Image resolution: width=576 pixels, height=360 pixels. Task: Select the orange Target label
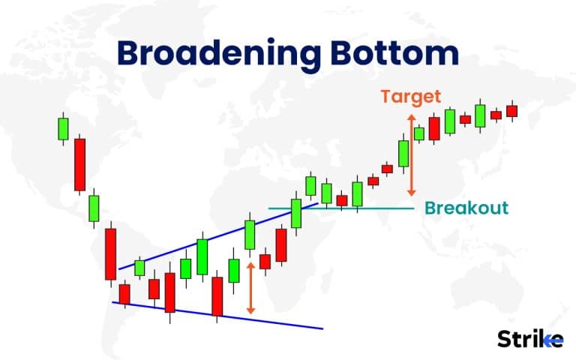point(410,97)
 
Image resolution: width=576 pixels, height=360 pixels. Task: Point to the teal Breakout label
point(466,208)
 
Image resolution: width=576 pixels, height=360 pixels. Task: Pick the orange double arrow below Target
point(410,154)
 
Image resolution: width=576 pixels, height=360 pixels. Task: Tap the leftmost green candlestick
point(63,128)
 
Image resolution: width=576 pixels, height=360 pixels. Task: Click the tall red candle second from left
point(79,164)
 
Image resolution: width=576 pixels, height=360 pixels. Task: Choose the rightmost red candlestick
point(512,111)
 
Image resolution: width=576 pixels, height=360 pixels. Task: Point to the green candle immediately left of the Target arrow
point(403,153)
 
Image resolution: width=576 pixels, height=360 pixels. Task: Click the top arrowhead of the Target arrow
point(410,116)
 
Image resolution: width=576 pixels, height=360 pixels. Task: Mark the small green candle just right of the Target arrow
point(419,133)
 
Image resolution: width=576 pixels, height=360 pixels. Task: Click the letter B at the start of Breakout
point(430,208)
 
